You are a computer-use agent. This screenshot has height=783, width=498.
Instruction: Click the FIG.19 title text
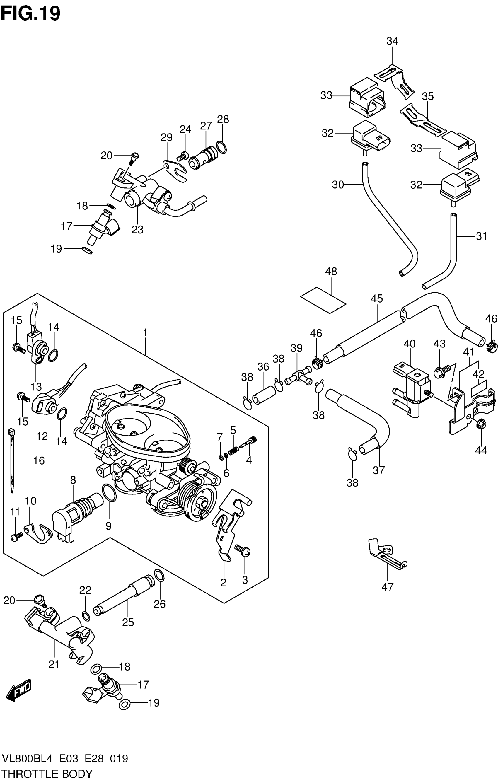coord(30,14)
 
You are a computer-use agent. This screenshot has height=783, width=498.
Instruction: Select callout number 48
coord(331,272)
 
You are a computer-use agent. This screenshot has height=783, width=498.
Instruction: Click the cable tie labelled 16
coord(12,460)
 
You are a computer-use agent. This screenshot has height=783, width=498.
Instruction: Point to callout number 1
coord(145,333)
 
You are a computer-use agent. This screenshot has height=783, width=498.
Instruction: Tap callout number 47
coord(387,587)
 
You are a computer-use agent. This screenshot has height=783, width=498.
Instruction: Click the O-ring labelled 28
coord(221,148)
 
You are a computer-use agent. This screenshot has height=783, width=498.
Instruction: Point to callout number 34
coord(392,41)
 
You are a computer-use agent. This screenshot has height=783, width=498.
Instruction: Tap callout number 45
coord(377,298)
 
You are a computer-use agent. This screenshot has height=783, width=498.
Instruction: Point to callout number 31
coord(481,236)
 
